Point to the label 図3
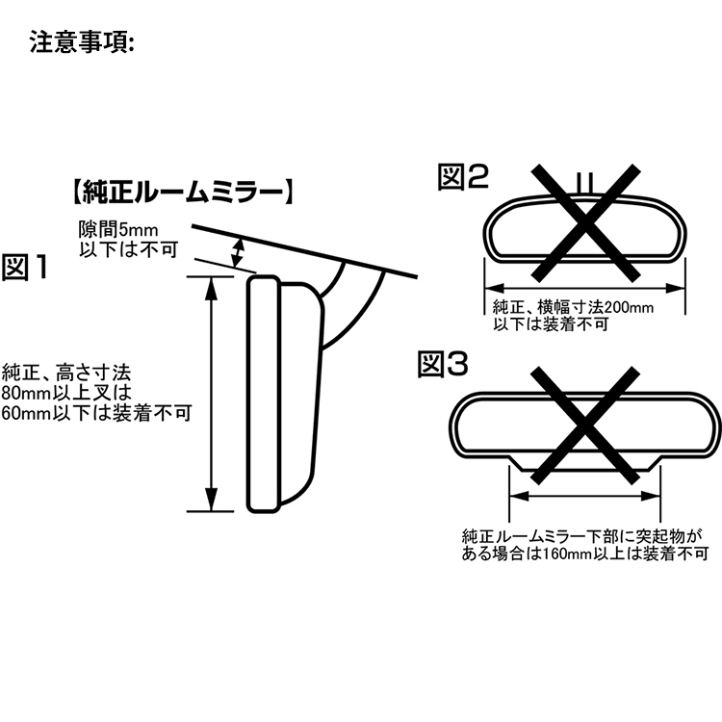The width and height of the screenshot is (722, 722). [444, 364]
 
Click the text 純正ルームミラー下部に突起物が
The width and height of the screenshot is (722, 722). [583, 535]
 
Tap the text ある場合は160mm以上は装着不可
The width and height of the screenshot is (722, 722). [584, 554]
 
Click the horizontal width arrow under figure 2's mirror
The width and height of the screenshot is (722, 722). [583, 286]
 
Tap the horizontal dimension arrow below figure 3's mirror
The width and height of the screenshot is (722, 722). [583, 497]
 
